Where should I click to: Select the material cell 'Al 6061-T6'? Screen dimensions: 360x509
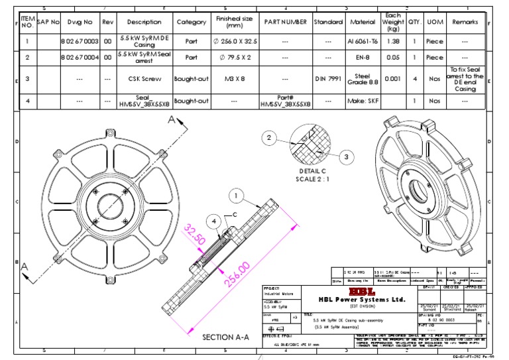pyautogui.click(x=364, y=41)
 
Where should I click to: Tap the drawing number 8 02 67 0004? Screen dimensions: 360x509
pyautogui.click(x=79, y=58)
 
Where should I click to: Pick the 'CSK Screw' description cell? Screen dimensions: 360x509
pyautogui.click(x=143, y=79)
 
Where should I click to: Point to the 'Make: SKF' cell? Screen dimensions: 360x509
pyautogui.click(x=364, y=101)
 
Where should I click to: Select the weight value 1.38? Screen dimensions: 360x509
pyautogui.click(x=392, y=41)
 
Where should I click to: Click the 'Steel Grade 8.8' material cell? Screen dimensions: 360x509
pyautogui.click(x=364, y=79)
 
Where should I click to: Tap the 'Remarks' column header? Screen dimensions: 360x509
pyautogui.click(x=465, y=22)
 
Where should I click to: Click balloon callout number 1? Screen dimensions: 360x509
pyautogui.click(x=235, y=196)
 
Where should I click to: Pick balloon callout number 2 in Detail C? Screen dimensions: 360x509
pyautogui.click(x=268, y=138)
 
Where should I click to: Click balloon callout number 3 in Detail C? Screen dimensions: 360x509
pyautogui.click(x=346, y=156)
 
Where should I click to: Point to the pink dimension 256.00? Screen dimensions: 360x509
pyautogui.click(x=237, y=273)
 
